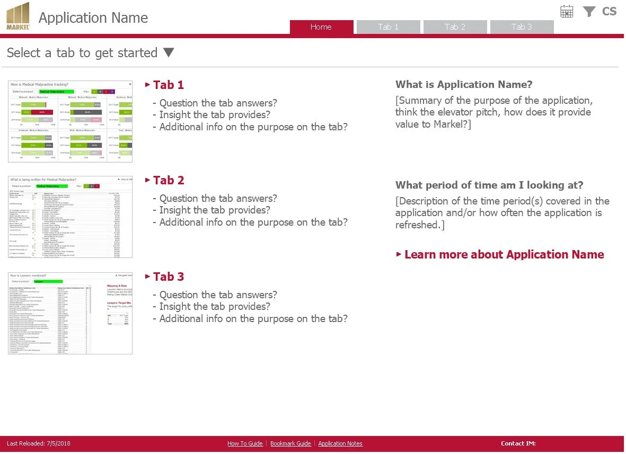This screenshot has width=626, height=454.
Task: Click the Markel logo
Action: coord(18,16)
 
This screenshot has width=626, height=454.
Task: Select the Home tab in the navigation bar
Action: coord(321,27)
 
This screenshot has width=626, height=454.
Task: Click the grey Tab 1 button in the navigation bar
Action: coord(388,27)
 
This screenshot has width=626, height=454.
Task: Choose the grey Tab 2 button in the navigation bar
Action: coord(455,27)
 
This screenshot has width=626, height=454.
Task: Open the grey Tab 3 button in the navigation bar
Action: coord(522,27)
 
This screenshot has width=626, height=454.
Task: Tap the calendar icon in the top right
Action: coord(567,12)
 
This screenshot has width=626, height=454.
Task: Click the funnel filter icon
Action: coord(589,12)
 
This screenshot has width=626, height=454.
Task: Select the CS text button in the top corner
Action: coord(609,12)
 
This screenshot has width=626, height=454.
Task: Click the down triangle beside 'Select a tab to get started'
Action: coord(168,52)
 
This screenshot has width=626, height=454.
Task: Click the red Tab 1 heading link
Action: coord(168,85)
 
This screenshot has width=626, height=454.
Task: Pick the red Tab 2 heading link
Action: coord(168,180)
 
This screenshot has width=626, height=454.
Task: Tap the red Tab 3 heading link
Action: coord(168,277)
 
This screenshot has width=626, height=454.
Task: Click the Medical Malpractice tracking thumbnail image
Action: coord(70,121)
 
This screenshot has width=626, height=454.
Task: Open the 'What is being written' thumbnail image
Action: coord(70,217)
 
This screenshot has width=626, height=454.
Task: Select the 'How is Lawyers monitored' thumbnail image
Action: coord(70,313)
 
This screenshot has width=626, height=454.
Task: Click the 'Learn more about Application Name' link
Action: coord(504,255)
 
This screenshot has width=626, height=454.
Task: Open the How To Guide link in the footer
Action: coord(245,444)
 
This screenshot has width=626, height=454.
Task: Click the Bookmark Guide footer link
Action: coord(290,444)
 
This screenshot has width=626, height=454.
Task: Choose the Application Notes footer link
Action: coord(340,444)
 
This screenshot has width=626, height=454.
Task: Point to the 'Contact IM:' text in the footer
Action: coord(518,443)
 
